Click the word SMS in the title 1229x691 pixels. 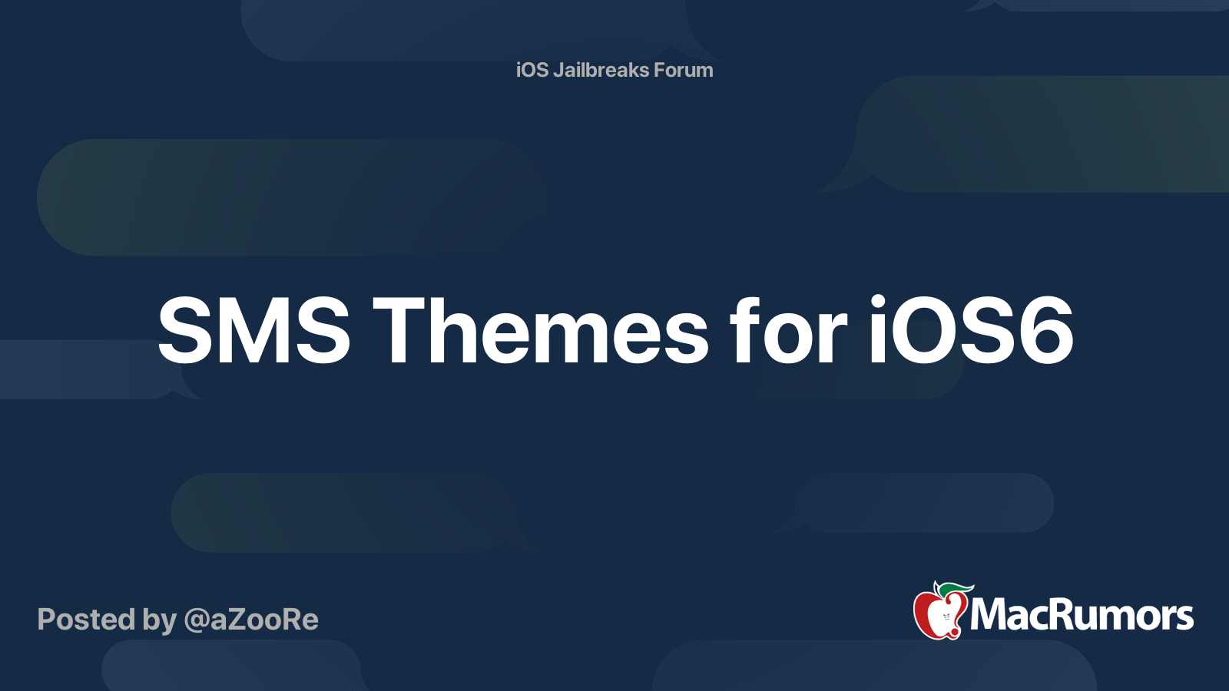point(253,332)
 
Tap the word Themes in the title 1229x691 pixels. point(541,332)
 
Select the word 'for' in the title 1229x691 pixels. point(788,332)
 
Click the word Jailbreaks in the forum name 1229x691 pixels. point(601,70)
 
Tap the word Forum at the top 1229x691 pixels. point(684,70)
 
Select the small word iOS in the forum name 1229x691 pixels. point(532,70)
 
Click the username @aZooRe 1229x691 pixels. point(251,620)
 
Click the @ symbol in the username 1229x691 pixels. point(196,620)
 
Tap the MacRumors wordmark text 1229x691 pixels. point(1082,615)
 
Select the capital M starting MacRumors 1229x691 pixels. point(990,615)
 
